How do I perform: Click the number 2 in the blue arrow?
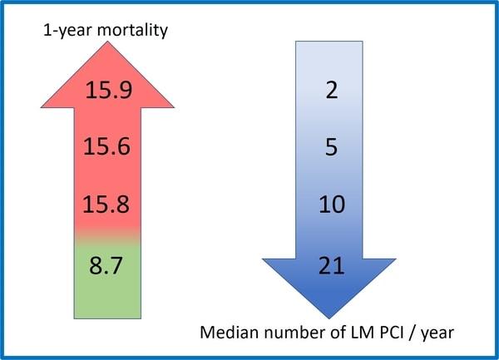(331, 91)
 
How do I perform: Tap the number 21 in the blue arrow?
(331, 267)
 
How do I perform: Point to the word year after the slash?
(442, 336)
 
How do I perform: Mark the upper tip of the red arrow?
(108, 43)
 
